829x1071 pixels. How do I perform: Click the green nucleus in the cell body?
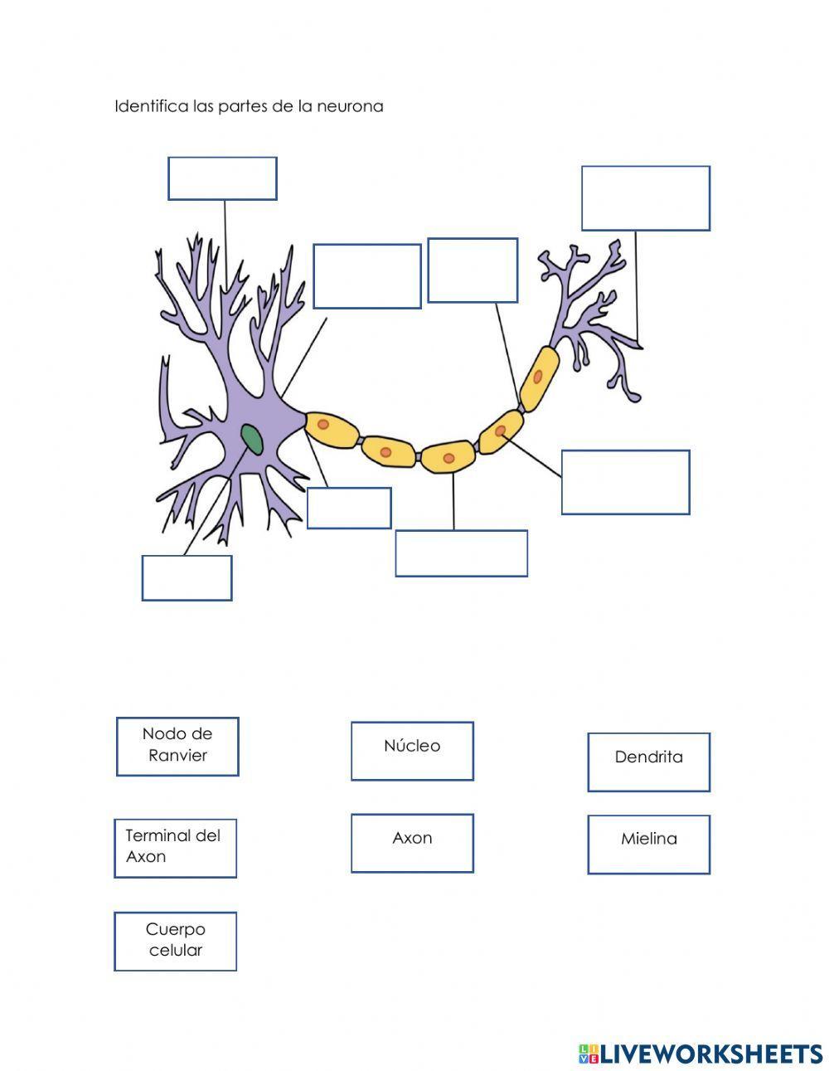pyautogui.click(x=251, y=438)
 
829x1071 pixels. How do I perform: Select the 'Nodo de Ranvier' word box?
pyautogui.click(x=177, y=746)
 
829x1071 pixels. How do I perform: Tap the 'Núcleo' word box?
pyautogui.click(x=412, y=750)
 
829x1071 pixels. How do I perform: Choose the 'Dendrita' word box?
pyautogui.click(x=648, y=762)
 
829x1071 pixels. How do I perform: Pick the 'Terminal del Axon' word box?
pyautogui.click(x=175, y=847)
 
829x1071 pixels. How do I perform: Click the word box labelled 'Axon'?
pyautogui.click(x=412, y=842)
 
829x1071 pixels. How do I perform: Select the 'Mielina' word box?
pyautogui.click(x=648, y=844)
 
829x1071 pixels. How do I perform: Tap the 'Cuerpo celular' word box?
pyautogui.click(x=175, y=941)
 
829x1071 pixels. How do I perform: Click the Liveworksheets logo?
pyautogui.click(x=701, y=1054)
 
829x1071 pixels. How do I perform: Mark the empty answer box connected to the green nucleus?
pyautogui.click(x=187, y=577)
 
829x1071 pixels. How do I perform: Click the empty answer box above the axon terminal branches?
pyautogui.click(x=645, y=198)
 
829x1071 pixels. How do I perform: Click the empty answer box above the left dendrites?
pyautogui.click(x=222, y=178)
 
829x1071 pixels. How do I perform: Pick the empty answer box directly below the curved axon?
pyautogui.click(x=461, y=553)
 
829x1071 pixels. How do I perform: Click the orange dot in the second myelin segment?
pyautogui.click(x=385, y=452)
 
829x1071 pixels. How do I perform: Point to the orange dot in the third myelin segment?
pyautogui.click(x=448, y=458)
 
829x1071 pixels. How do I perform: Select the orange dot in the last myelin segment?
pyautogui.click(x=538, y=377)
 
